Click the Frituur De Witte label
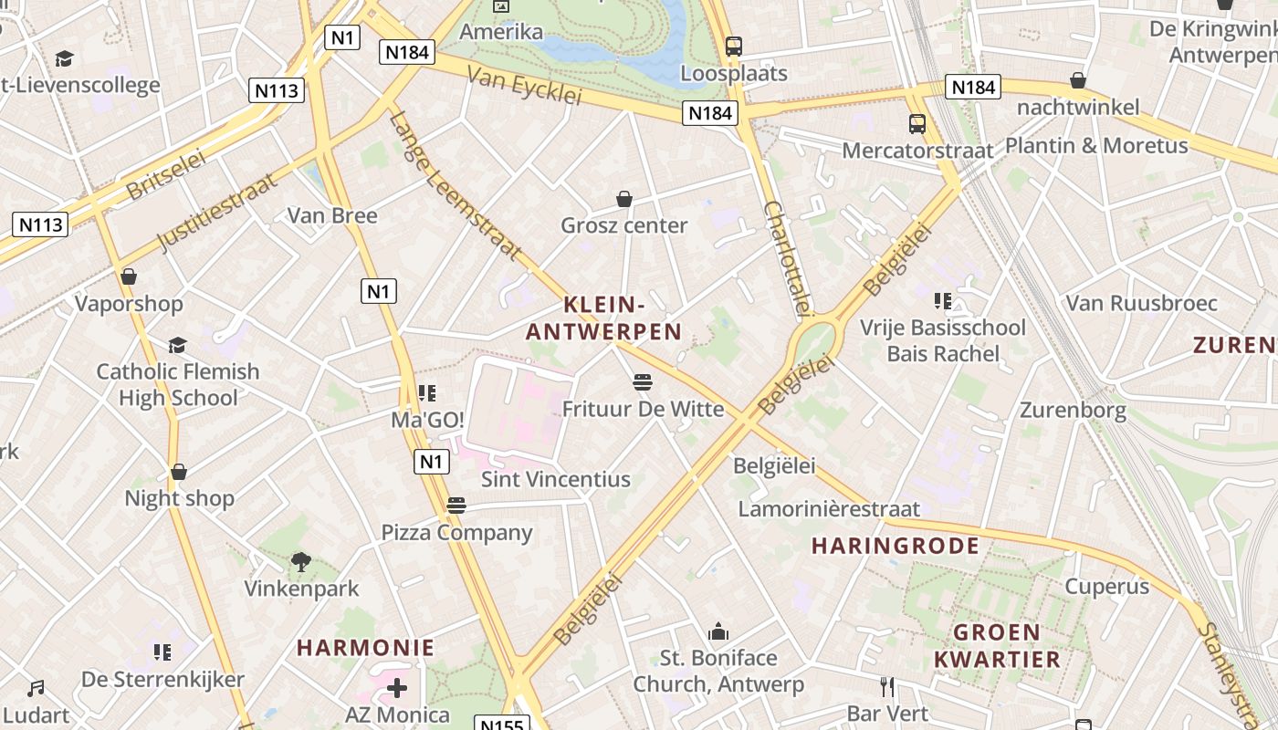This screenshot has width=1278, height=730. (643, 409)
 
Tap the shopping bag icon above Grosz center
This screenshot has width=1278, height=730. (624, 199)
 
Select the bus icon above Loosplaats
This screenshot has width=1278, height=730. (733, 46)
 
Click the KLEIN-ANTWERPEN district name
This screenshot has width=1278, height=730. (604, 318)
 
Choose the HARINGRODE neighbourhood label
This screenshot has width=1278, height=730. (895, 546)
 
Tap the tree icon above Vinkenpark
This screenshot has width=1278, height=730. (300, 562)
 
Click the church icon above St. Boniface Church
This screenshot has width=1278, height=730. (718, 631)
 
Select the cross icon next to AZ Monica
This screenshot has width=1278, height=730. (397, 687)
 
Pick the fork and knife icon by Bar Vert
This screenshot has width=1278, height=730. (886, 686)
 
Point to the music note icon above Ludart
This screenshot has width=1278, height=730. (36, 688)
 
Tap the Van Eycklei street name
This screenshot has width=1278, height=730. (524, 85)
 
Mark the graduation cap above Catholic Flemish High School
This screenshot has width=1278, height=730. (177, 345)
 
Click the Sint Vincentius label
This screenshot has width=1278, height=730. (556, 479)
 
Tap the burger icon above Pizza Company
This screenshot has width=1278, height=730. (456, 506)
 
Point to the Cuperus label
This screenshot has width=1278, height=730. (1107, 586)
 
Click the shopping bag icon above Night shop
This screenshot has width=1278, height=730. (179, 472)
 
